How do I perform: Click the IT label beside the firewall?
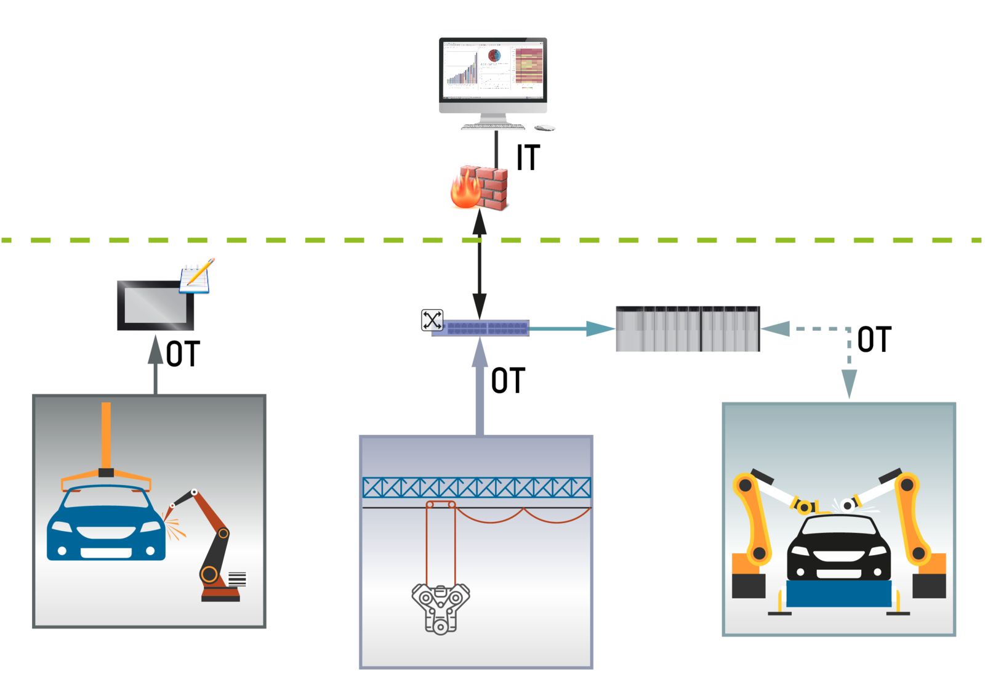pos(528,158)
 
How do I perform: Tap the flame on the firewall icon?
pos(465,191)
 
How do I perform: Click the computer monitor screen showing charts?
pos(492,70)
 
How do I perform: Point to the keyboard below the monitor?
pos(494,127)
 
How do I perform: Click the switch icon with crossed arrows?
pos(432,320)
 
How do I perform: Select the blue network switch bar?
pos(481,328)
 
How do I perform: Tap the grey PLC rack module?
pos(688,329)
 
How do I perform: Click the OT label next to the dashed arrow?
pos(874,339)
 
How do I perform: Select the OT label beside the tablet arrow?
pos(183,354)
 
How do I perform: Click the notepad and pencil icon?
pos(196,276)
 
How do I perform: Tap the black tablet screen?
pos(155,305)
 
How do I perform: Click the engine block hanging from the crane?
pos(440,608)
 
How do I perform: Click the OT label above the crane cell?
pos(508,380)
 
